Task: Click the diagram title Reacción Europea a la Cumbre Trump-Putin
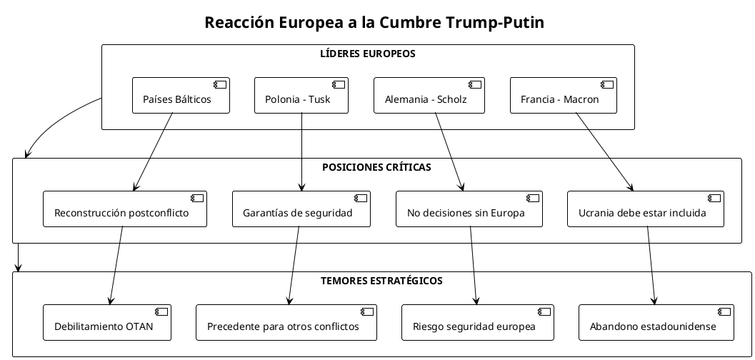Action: (x=374, y=23)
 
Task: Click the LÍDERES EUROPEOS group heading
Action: (x=368, y=54)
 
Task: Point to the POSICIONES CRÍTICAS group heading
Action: (x=376, y=167)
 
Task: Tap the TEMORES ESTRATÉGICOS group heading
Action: (x=382, y=281)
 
